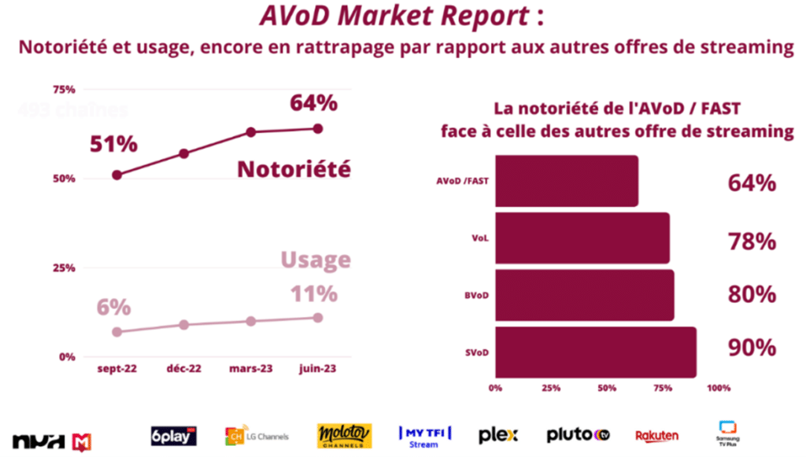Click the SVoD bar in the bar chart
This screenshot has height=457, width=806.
(x=595, y=352)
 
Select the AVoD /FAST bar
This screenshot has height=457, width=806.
(x=566, y=181)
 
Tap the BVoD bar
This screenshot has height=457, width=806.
(x=584, y=295)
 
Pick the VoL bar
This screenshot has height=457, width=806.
(x=582, y=238)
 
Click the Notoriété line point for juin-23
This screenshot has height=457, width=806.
(x=318, y=128)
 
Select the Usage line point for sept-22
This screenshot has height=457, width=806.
(x=117, y=332)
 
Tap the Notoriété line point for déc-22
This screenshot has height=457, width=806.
(x=184, y=153)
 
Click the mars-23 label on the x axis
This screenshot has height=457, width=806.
(x=251, y=368)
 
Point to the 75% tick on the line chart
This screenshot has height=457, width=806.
(x=64, y=88)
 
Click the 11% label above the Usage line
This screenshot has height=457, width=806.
(x=313, y=293)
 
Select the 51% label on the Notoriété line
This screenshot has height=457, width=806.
(x=113, y=144)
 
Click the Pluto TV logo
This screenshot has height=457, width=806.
(x=579, y=434)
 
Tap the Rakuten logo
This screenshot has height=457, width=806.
(x=656, y=435)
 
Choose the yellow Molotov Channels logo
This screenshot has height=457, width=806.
(x=344, y=435)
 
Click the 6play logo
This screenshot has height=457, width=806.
(x=173, y=435)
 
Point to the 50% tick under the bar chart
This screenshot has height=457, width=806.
(x=606, y=388)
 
